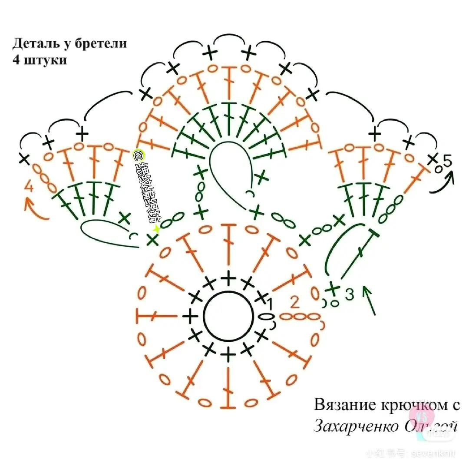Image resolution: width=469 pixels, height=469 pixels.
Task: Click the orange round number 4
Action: click(29, 187)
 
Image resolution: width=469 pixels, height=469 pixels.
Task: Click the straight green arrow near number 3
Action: click(369, 300)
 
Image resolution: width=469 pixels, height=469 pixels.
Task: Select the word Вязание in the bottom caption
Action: click(341, 405)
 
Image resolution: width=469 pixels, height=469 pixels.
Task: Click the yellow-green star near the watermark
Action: click(156, 229)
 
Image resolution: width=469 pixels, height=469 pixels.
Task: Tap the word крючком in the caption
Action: click(410, 405)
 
